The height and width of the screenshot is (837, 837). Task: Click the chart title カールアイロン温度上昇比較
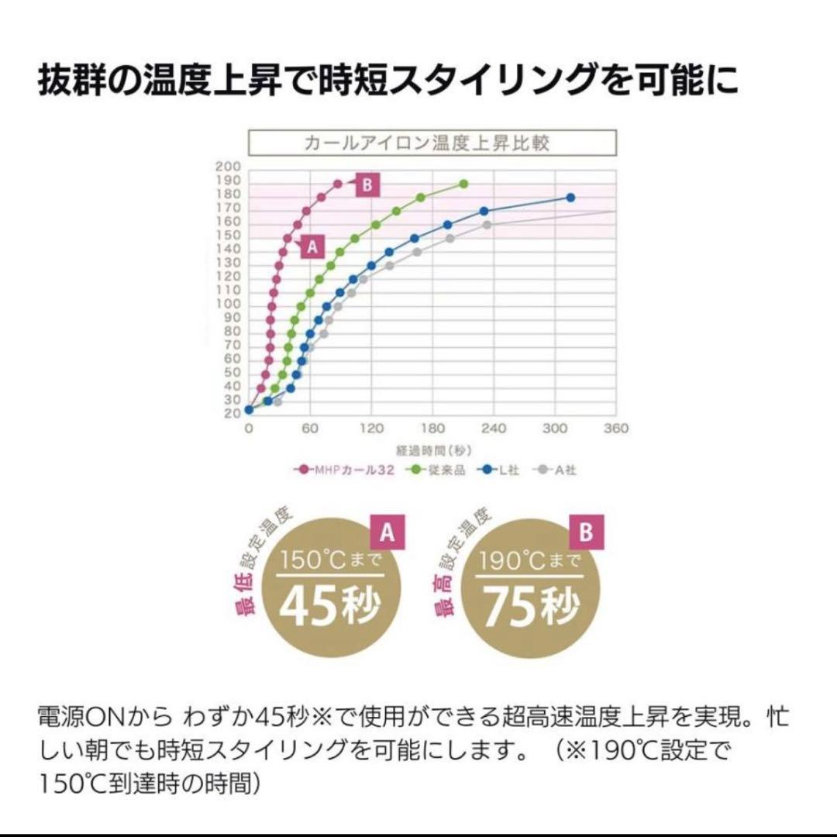coord(432,143)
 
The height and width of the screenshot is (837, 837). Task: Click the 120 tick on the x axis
coord(371,429)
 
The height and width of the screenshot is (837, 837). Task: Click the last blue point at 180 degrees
coord(570,198)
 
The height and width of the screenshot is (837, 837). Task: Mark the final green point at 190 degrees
coord(463,184)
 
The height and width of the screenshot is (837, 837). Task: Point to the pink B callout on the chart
coord(367,184)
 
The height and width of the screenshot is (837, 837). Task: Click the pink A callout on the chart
coord(312,246)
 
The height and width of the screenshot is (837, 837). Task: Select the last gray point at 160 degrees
coord(487,225)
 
